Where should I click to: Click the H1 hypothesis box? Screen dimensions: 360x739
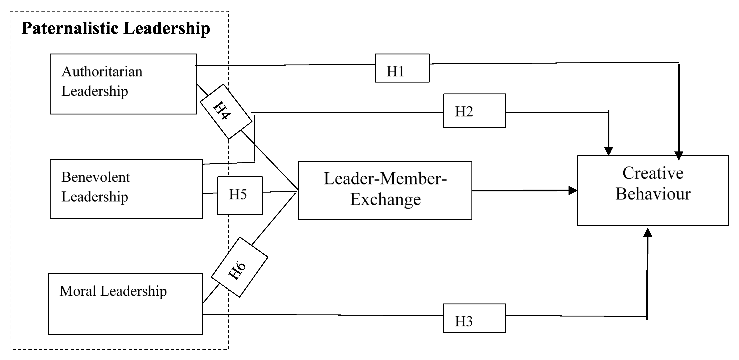pyautogui.click(x=402, y=68)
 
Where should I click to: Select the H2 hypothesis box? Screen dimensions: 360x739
pyautogui.click(x=474, y=111)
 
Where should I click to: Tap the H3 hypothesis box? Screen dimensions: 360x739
pyautogui.click(x=474, y=318)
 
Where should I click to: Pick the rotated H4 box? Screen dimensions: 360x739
pyautogui.click(x=226, y=111)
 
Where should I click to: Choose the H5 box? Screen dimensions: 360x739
pyautogui.click(x=240, y=195)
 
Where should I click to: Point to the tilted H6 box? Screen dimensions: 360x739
pyautogui.click(x=239, y=267)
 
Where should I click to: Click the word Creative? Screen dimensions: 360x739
pyautogui.click(x=653, y=173)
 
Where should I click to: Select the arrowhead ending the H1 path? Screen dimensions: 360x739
pyautogui.click(x=679, y=156)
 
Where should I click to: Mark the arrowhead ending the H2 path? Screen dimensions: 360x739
pyautogui.click(x=608, y=151)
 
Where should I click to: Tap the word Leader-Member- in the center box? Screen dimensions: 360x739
pyautogui.click(x=385, y=179)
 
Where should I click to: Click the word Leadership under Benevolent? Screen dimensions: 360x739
pyautogui.click(x=95, y=197)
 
